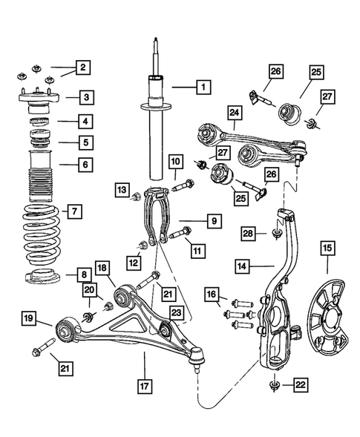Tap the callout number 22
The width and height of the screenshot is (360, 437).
pos(302,384)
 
